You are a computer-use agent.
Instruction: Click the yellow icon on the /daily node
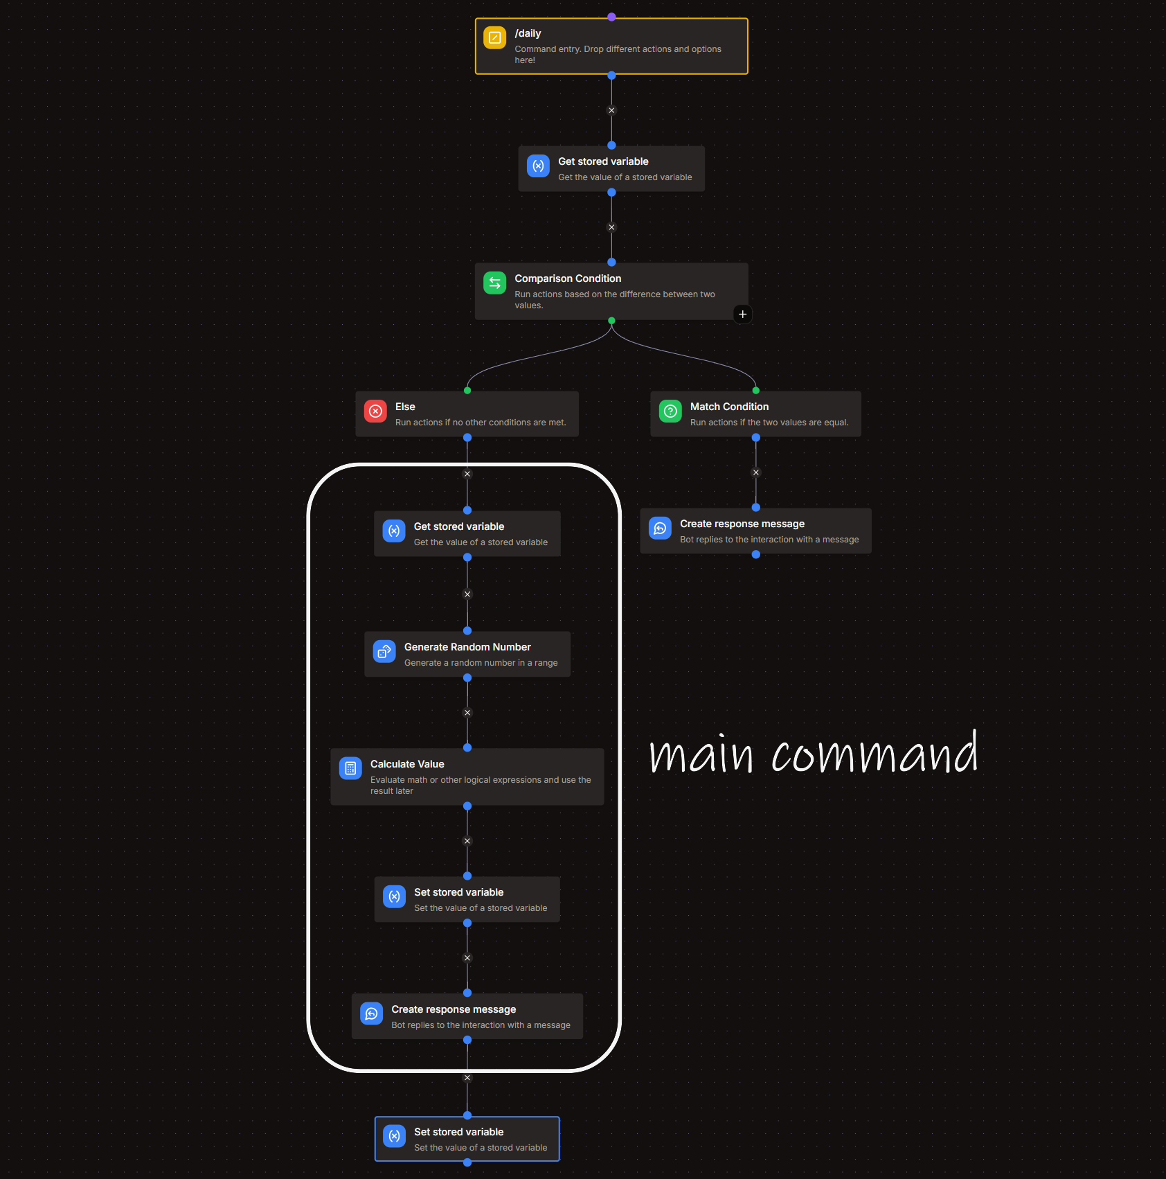(x=494, y=37)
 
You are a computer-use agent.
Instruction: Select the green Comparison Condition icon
(x=494, y=283)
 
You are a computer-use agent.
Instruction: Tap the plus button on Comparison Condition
(x=742, y=314)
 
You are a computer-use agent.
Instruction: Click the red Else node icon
(x=375, y=411)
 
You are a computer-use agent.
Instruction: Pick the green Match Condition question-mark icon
(x=670, y=411)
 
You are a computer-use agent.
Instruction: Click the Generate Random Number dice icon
(x=384, y=651)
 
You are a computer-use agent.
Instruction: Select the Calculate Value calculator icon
(x=350, y=768)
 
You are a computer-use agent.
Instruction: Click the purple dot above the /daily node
(x=611, y=17)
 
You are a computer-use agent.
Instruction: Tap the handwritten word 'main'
(x=701, y=755)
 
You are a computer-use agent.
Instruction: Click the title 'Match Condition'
(x=729, y=407)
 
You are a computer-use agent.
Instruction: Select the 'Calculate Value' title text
(x=407, y=764)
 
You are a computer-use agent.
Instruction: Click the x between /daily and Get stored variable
(x=611, y=110)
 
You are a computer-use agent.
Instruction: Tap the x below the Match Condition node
(x=756, y=472)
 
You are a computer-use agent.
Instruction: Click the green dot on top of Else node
(x=467, y=391)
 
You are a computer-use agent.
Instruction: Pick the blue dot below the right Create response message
(x=756, y=554)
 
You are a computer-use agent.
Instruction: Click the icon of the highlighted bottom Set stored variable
(x=394, y=1136)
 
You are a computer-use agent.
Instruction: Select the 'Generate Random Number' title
(x=467, y=647)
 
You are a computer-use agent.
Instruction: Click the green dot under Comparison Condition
(x=611, y=321)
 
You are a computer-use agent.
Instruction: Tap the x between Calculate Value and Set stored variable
(x=467, y=841)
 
